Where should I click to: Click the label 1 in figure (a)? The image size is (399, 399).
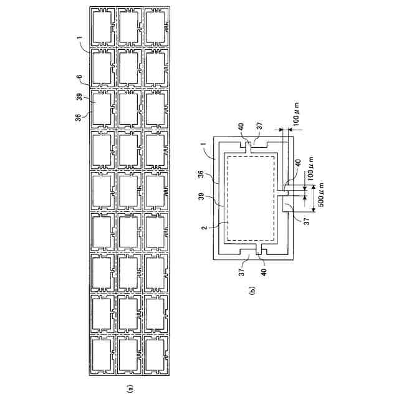point(80,40)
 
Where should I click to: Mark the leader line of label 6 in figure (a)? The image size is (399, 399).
point(86,82)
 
